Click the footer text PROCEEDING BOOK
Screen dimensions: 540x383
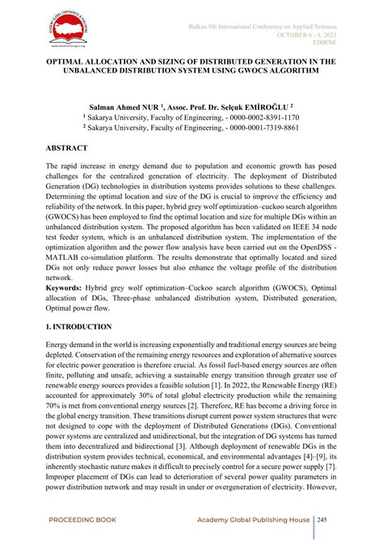83,518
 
